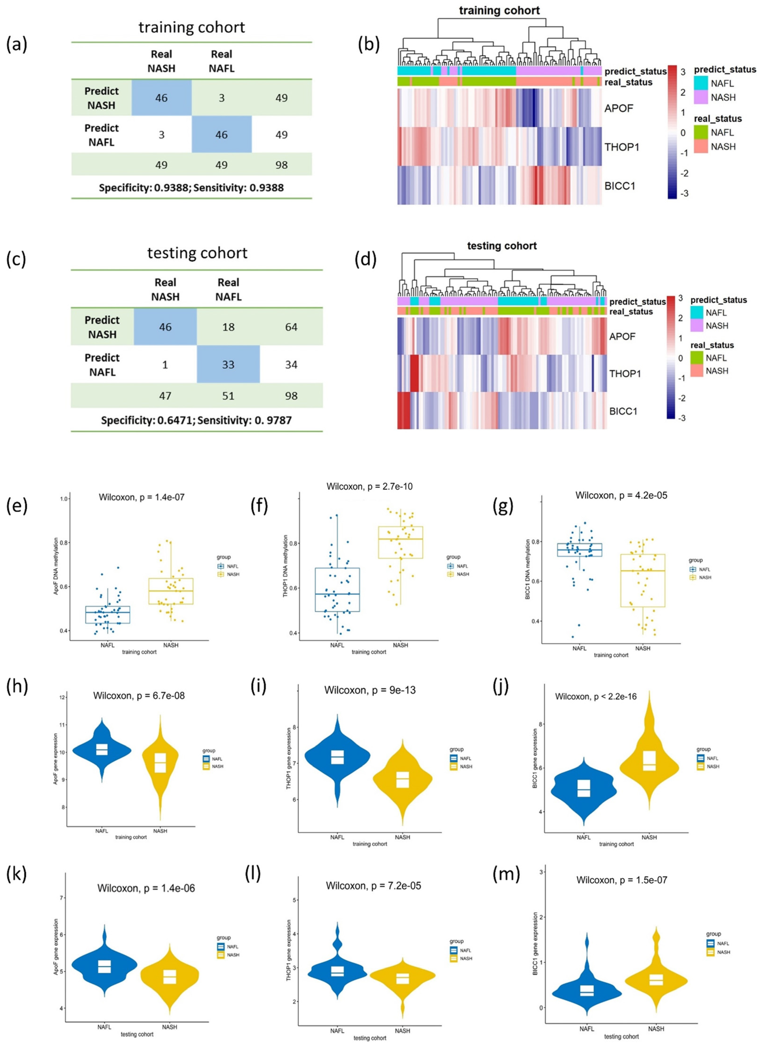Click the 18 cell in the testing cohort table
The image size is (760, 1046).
[x=228, y=327]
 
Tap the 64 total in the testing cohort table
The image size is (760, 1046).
[x=291, y=327]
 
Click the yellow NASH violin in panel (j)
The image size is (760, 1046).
[x=649, y=761]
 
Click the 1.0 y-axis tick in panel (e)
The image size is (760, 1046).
[x=64, y=499]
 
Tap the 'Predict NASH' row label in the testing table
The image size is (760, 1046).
[x=102, y=327]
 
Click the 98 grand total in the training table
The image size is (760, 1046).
[x=281, y=165]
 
